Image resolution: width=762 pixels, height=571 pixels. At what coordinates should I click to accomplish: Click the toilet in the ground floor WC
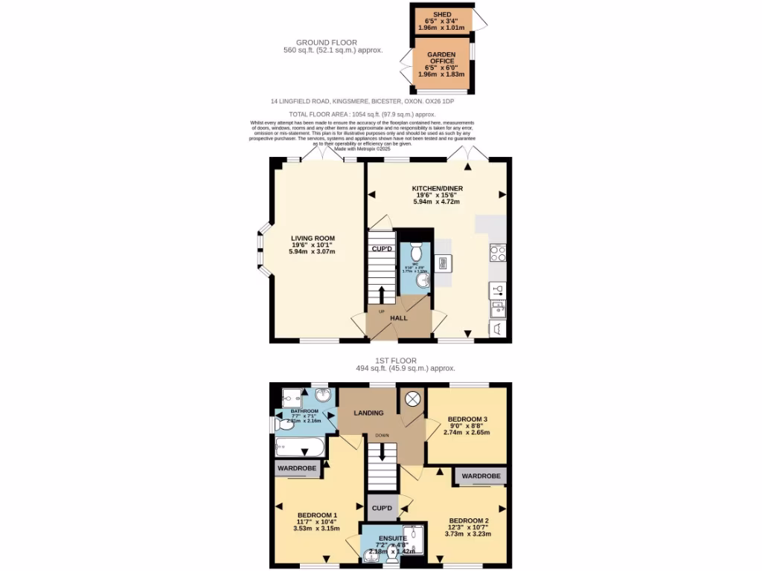tap(416, 248)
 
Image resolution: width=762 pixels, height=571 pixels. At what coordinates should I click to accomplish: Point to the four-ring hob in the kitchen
tap(498, 253)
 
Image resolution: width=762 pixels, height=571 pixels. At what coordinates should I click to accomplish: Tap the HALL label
tap(400, 317)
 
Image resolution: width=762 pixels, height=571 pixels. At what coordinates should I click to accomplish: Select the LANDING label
tap(368, 413)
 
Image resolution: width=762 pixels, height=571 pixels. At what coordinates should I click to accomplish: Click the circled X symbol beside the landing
tap(412, 399)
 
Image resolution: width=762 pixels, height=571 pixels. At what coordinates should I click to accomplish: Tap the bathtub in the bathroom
tap(300, 448)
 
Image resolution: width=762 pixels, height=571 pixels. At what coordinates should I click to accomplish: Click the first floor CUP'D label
tap(382, 508)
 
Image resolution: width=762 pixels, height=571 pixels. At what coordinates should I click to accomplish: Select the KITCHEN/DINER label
tap(438, 189)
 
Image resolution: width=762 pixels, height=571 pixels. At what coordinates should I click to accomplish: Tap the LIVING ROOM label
tap(312, 239)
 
